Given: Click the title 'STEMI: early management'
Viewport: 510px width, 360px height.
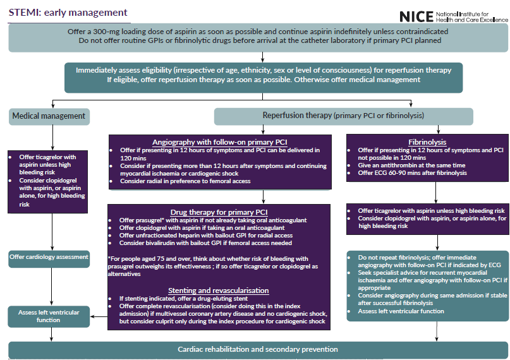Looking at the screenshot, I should [x=68, y=13].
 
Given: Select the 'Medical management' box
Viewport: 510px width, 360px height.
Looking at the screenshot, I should [x=49, y=116].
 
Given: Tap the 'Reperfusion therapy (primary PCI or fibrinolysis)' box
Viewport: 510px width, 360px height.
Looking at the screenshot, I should [x=343, y=116].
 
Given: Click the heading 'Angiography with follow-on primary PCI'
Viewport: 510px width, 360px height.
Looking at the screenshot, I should [x=219, y=141].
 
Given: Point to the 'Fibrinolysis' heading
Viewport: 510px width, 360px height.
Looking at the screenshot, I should [x=428, y=141].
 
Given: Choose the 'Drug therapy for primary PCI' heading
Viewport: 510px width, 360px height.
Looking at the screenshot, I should [x=219, y=211].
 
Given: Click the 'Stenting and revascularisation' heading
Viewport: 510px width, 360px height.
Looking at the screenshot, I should [x=219, y=291].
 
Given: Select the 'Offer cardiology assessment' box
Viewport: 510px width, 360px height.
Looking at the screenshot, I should [x=49, y=257].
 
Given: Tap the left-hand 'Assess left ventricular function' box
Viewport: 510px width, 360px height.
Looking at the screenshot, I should [x=49, y=316].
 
